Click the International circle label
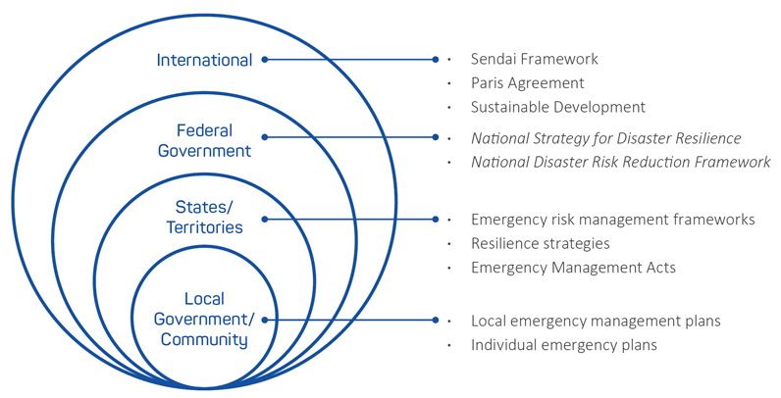pyautogui.click(x=204, y=60)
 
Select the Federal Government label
pyautogui.click(x=214, y=140)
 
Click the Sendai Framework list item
pyautogui.click(x=534, y=59)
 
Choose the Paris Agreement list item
pyautogui.click(x=527, y=82)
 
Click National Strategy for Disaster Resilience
pyautogui.click(x=605, y=138)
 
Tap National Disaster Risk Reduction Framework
pyautogui.click(x=620, y=162)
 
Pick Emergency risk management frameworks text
pyautogui.click(x=612, y=219)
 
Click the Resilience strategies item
pyautogui.click(x=540, y=242)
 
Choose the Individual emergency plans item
pyautogui.click(x=563, y=344)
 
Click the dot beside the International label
pyautogui.click(x=265, y=60)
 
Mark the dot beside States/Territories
pyautogui.click(x=264, y=219)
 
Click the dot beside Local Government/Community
pyautogui.click(x=264, y=320)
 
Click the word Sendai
pyautogui.click(x=493, y=59)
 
